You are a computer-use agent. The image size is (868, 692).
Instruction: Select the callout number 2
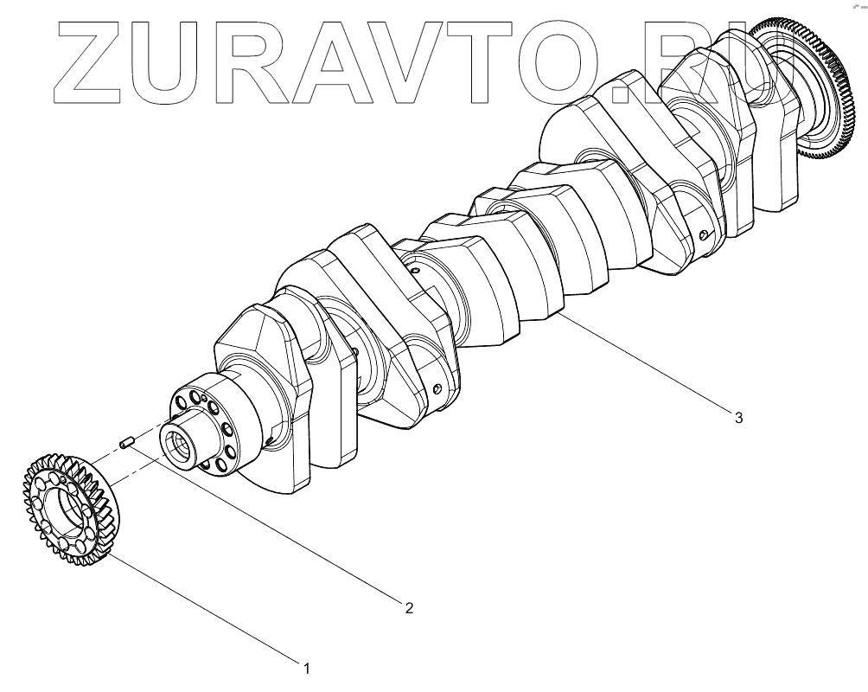coord(408,607)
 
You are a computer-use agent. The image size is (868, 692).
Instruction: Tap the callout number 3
coord(737,418)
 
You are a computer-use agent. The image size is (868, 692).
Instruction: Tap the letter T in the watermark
coord(506,61)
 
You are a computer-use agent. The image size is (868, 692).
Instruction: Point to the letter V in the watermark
coord(424,61)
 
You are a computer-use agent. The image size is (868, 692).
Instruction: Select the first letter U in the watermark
coord(173,61)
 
